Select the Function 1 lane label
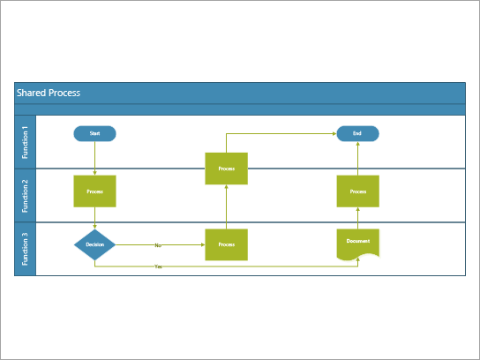point(25,141)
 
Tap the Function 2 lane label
point(25,195)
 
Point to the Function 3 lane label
point(25,249)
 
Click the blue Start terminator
point(94,134)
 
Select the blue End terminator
point(357,134)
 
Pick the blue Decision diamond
point(94,244)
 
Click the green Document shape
point(357,243)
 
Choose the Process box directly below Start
point(94,191)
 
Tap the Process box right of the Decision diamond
point(226,244)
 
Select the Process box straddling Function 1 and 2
point(226,168)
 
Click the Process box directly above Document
point(357,191)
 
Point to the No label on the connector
point(158,245)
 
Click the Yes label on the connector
point(158,266)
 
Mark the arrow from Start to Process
point(94,159)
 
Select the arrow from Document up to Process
point(357,219)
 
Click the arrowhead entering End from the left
point(334,134)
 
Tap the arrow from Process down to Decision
point(94,219)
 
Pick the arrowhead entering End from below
point(357,145)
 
